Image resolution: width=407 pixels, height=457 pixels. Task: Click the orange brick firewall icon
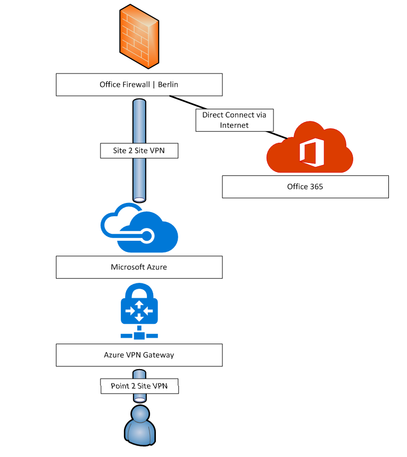138,36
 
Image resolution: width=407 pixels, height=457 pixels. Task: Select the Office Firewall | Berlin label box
139,85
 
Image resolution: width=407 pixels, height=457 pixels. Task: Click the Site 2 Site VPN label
139,151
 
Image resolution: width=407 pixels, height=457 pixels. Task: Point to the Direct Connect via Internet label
234,120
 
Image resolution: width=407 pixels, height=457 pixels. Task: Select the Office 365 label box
305,186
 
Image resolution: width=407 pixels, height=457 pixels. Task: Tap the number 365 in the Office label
316,186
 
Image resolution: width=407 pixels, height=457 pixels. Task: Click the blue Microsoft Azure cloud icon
139,227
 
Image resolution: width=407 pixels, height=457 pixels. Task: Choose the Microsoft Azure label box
139,267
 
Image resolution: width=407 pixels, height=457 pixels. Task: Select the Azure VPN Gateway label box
139,355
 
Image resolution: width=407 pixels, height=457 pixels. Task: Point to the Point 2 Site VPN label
139,386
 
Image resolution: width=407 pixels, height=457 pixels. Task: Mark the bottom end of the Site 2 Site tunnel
139,199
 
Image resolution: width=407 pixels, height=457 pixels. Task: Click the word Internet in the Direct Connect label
234,125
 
